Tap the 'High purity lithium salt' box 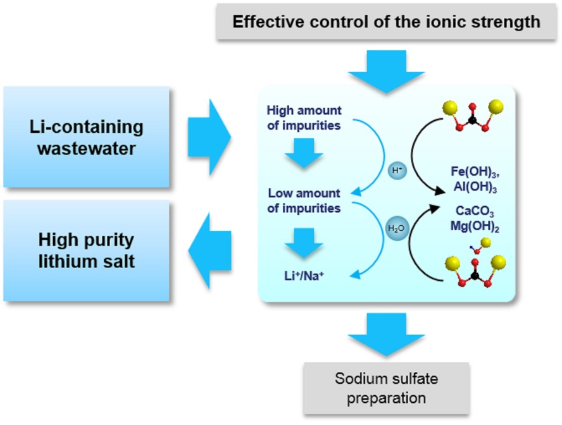86,250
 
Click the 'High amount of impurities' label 304,117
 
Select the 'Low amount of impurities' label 304,200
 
